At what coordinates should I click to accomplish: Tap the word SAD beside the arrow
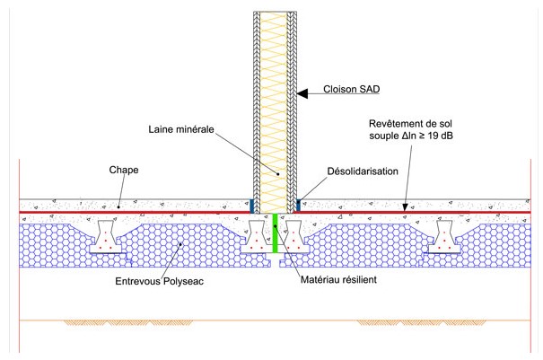pos(378,92)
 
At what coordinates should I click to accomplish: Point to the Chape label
pos(123,167)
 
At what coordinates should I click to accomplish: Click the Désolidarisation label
pos(363,169)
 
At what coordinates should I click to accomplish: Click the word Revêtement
pos(398,123)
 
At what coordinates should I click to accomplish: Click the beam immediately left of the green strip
pos(255,238)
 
